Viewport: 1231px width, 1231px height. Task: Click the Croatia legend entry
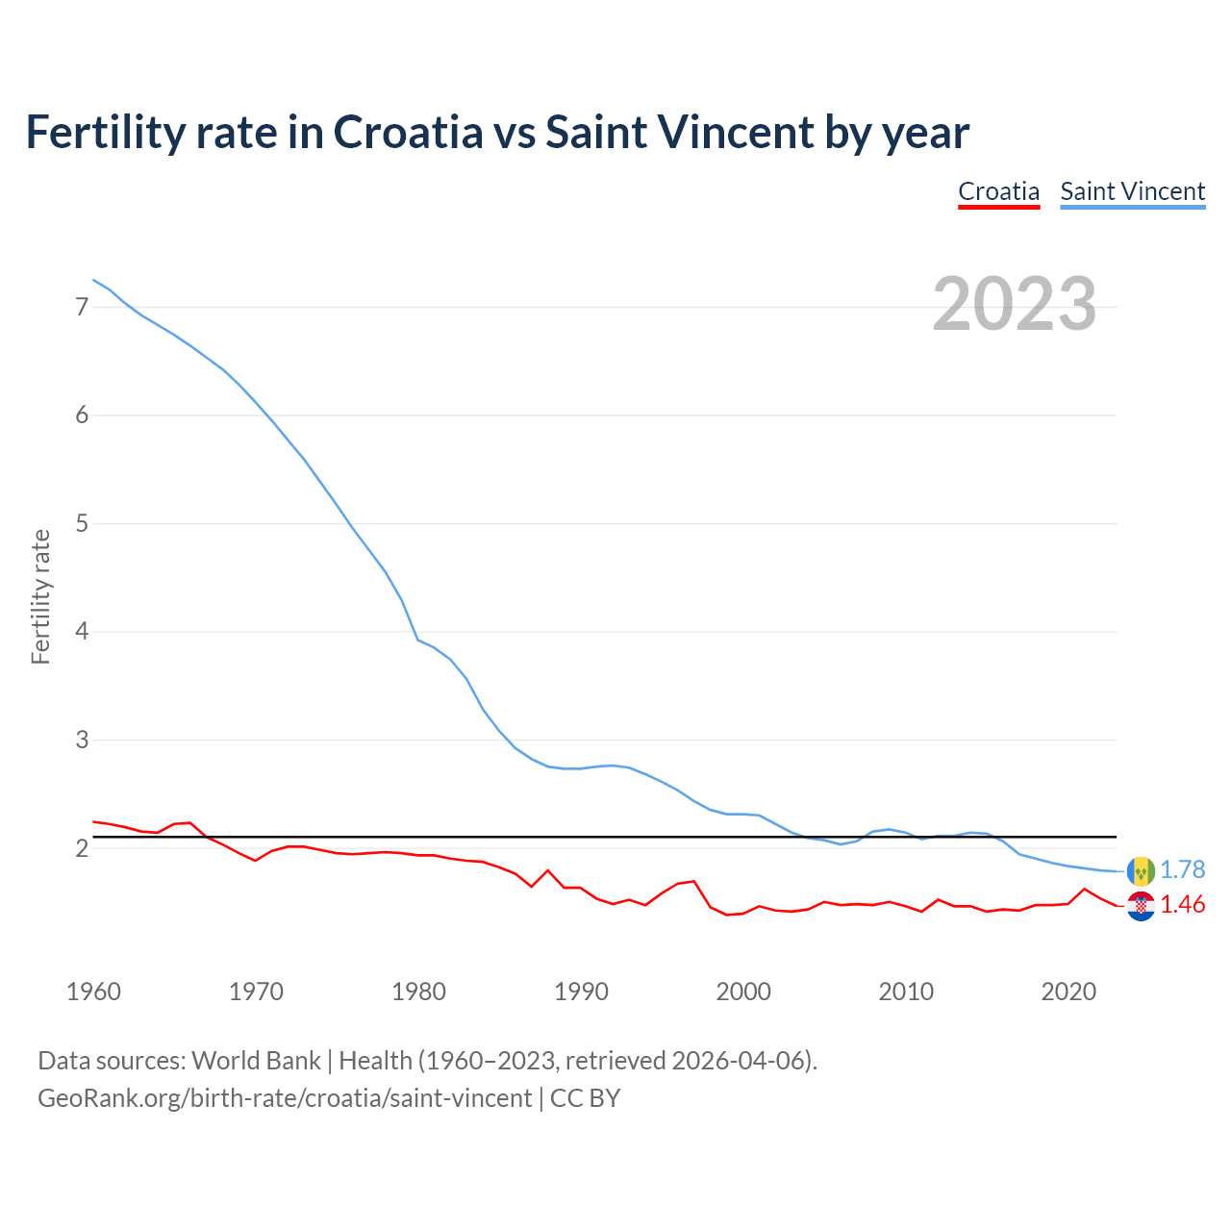pos(998,191)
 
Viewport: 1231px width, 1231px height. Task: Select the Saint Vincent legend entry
pos(1132,191)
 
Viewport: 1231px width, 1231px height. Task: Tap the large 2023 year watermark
pos(1014,304)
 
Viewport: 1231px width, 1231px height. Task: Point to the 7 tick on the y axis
pos(82,308)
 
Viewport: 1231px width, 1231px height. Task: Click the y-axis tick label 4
pos(82,632)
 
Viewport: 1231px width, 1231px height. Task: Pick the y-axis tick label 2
pos(82,848)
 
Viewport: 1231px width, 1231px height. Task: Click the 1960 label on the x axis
pos(93,992)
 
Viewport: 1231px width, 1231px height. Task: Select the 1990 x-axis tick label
pos(581,992)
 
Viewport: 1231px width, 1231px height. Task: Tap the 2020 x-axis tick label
pos(1068,992)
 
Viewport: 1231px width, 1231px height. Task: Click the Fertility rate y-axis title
pos(40,596)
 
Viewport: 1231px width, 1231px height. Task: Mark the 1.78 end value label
pos(1182,869)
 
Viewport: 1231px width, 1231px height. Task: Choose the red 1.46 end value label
pos(1182,905)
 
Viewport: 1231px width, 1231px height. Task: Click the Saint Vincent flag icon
pos(1141,870)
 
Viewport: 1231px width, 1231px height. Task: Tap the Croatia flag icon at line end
pos(1141,906)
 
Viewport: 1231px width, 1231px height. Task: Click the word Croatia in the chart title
pos(408,132)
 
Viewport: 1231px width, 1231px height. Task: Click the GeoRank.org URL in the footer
pos(284,1097)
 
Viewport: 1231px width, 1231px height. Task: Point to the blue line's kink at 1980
pos(417,640)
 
